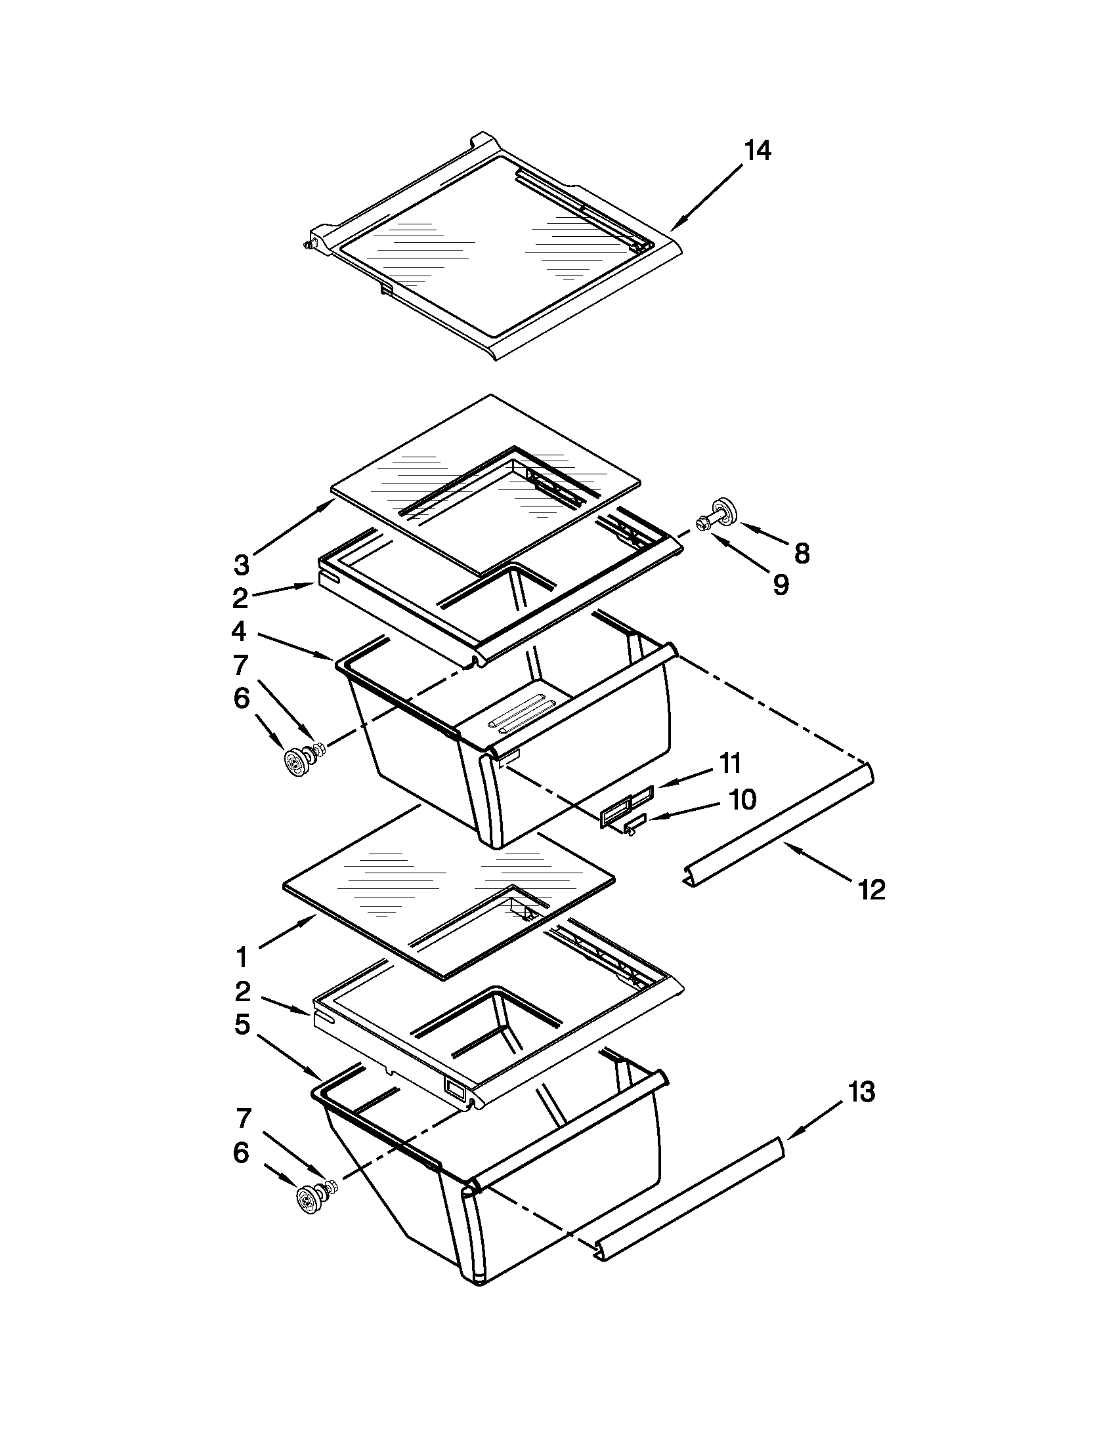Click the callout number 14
758,151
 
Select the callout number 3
242,565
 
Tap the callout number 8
802,554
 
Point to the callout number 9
781,585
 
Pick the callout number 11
731,763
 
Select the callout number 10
742,799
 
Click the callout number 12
871,890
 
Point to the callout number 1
242,957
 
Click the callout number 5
242,1024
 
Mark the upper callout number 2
240,598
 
